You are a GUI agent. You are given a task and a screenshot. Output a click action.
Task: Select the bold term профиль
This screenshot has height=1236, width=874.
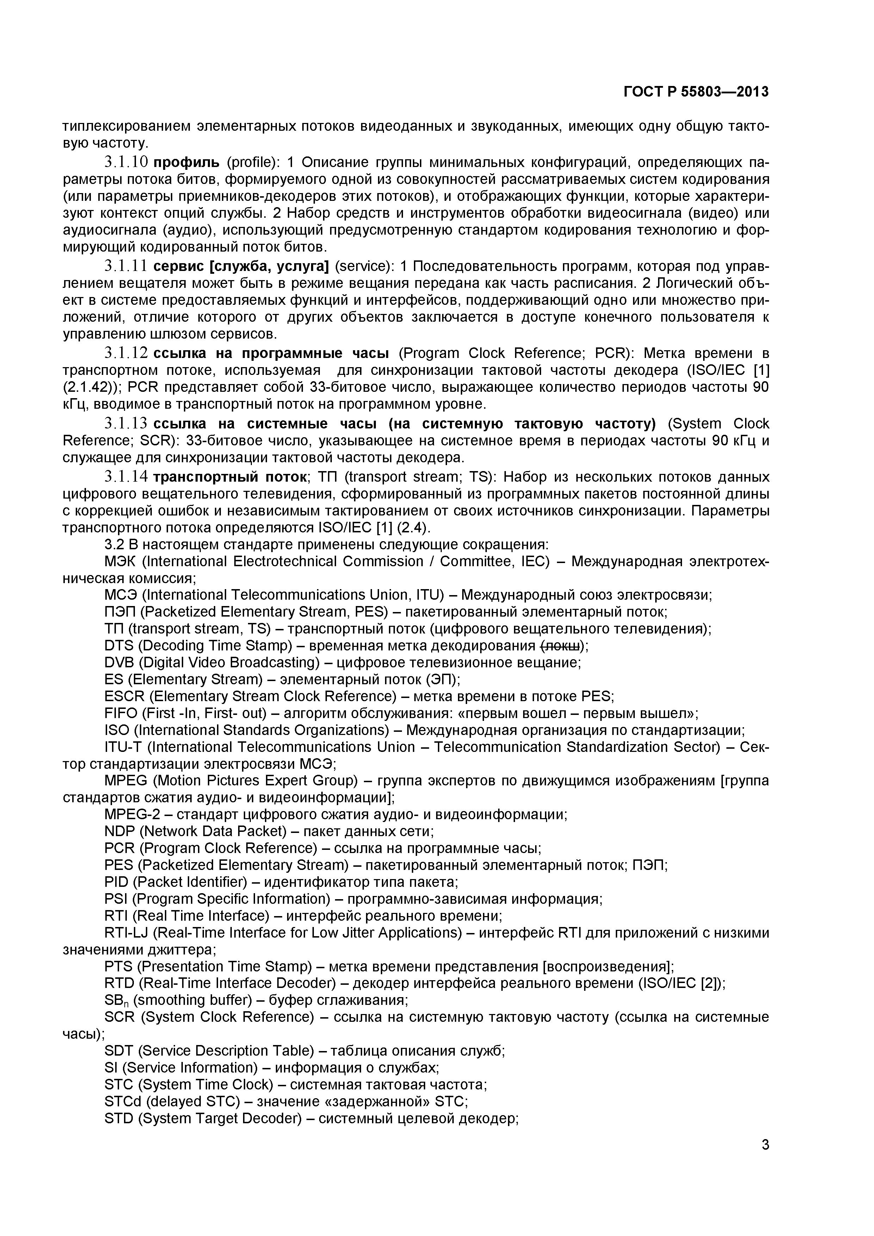tap(187, 162)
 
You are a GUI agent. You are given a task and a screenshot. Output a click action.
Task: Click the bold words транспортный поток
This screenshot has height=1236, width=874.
tap(230, 477)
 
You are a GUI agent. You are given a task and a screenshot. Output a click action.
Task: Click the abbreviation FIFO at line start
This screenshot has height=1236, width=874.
tap(120, 713)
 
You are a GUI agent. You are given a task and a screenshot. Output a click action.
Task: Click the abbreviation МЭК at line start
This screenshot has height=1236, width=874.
tap(120, 562)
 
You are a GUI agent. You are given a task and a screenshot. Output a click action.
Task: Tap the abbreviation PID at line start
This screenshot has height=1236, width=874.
tap(116, 882)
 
